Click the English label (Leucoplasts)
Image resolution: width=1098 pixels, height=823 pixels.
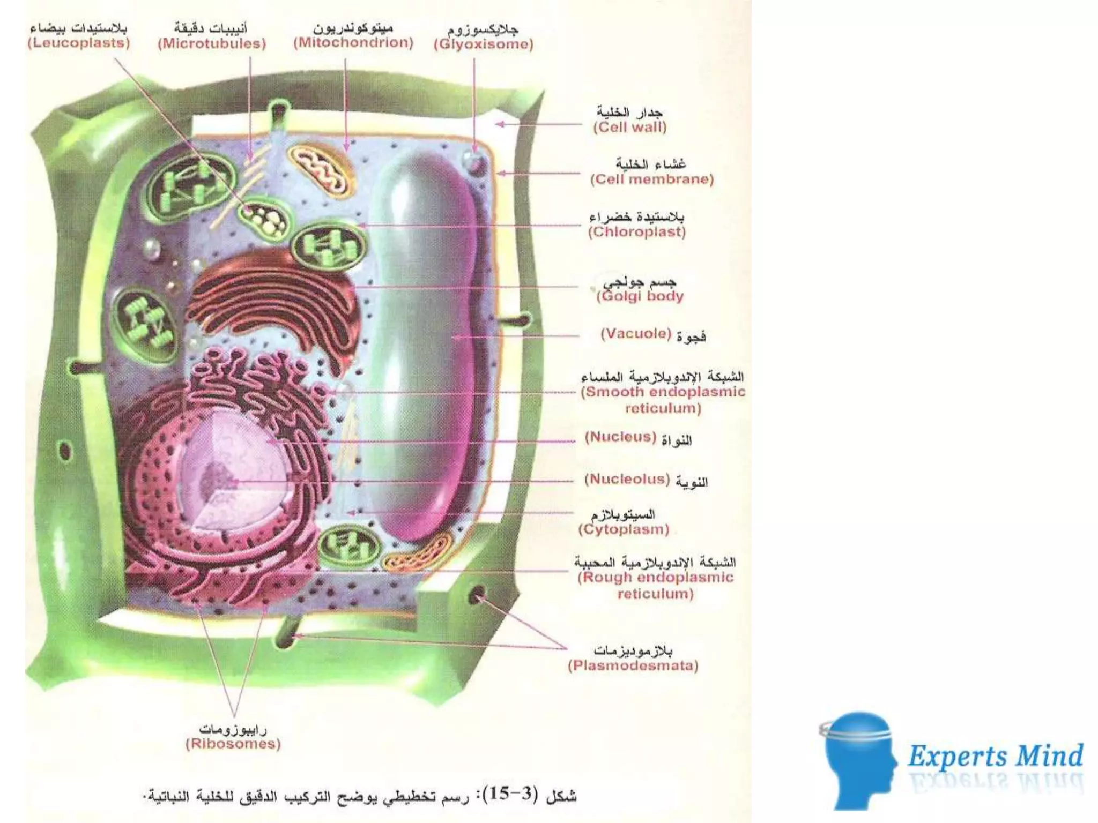[79, 43]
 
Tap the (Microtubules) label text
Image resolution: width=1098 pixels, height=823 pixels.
[212, 44]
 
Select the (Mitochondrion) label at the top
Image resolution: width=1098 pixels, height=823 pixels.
[353, 43]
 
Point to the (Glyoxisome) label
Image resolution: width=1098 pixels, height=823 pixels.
[484, 44]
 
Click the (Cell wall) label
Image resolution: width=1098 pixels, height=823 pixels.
[630, 128]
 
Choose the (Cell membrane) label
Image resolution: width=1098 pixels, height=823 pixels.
[652, 179]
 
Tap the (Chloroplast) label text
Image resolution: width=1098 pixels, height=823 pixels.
[637, 232]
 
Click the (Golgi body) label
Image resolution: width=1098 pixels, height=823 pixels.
[641, 296]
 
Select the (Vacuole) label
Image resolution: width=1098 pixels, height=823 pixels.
[636, 334]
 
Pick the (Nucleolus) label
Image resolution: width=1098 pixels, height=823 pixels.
[627, 479]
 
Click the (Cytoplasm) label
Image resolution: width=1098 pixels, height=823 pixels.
[624, 530]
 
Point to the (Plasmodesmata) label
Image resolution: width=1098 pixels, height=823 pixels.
[633, 666]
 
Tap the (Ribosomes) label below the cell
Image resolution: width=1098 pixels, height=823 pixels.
[233, 744]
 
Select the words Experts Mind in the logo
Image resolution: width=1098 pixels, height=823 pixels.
[995, 756]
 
